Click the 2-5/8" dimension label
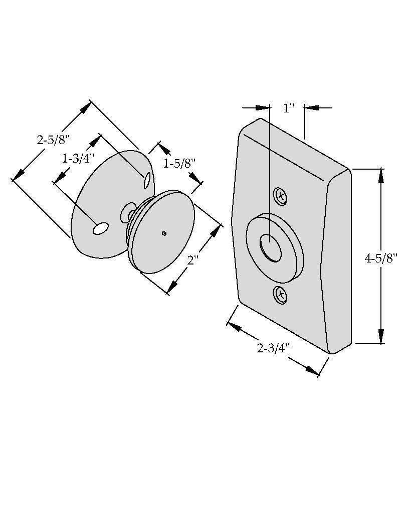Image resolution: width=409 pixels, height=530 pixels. [53, 140]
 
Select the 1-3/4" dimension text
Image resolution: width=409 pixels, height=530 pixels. [78, 159]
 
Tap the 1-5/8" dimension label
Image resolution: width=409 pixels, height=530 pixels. [179, 163]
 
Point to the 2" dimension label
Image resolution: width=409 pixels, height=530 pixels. [193, 260]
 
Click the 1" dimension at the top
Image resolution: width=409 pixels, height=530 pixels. [288, 108]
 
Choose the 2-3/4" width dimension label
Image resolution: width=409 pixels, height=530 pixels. [273, 348]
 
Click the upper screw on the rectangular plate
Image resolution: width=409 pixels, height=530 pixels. [281, 195]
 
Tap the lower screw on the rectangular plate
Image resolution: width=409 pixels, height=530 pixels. [281, 294]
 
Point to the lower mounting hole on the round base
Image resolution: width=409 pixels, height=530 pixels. [100, 229]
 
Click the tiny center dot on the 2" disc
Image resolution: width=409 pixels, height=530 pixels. [164, 233]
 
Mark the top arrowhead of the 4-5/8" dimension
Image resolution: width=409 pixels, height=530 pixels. [381, 176]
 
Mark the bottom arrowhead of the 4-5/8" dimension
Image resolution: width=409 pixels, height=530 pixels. [381, 336]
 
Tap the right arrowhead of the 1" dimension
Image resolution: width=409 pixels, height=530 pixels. [312, 107]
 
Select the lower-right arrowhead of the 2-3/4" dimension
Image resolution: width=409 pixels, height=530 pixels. [311, 370]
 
